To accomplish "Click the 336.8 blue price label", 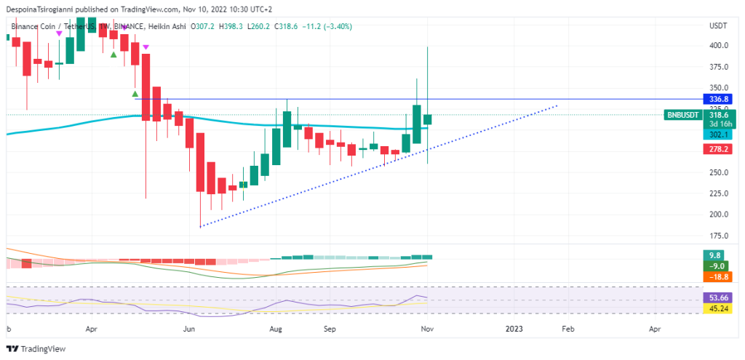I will [x=719, y=99].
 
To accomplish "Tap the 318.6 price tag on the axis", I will [x=719, y=115].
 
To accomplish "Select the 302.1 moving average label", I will [x=719, y=135].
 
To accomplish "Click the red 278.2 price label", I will [x=719, y=148].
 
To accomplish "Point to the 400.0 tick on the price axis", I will [x=718, y=45].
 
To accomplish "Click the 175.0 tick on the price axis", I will [x=718, y=236].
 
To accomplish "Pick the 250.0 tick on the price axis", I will [x=718, y=172].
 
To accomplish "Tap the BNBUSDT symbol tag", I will [x=683, y=115].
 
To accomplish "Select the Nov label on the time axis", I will [x=428, y=329].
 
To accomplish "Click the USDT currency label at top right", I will [x=718, y=26].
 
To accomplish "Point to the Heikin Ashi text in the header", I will [x=165, y=26].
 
